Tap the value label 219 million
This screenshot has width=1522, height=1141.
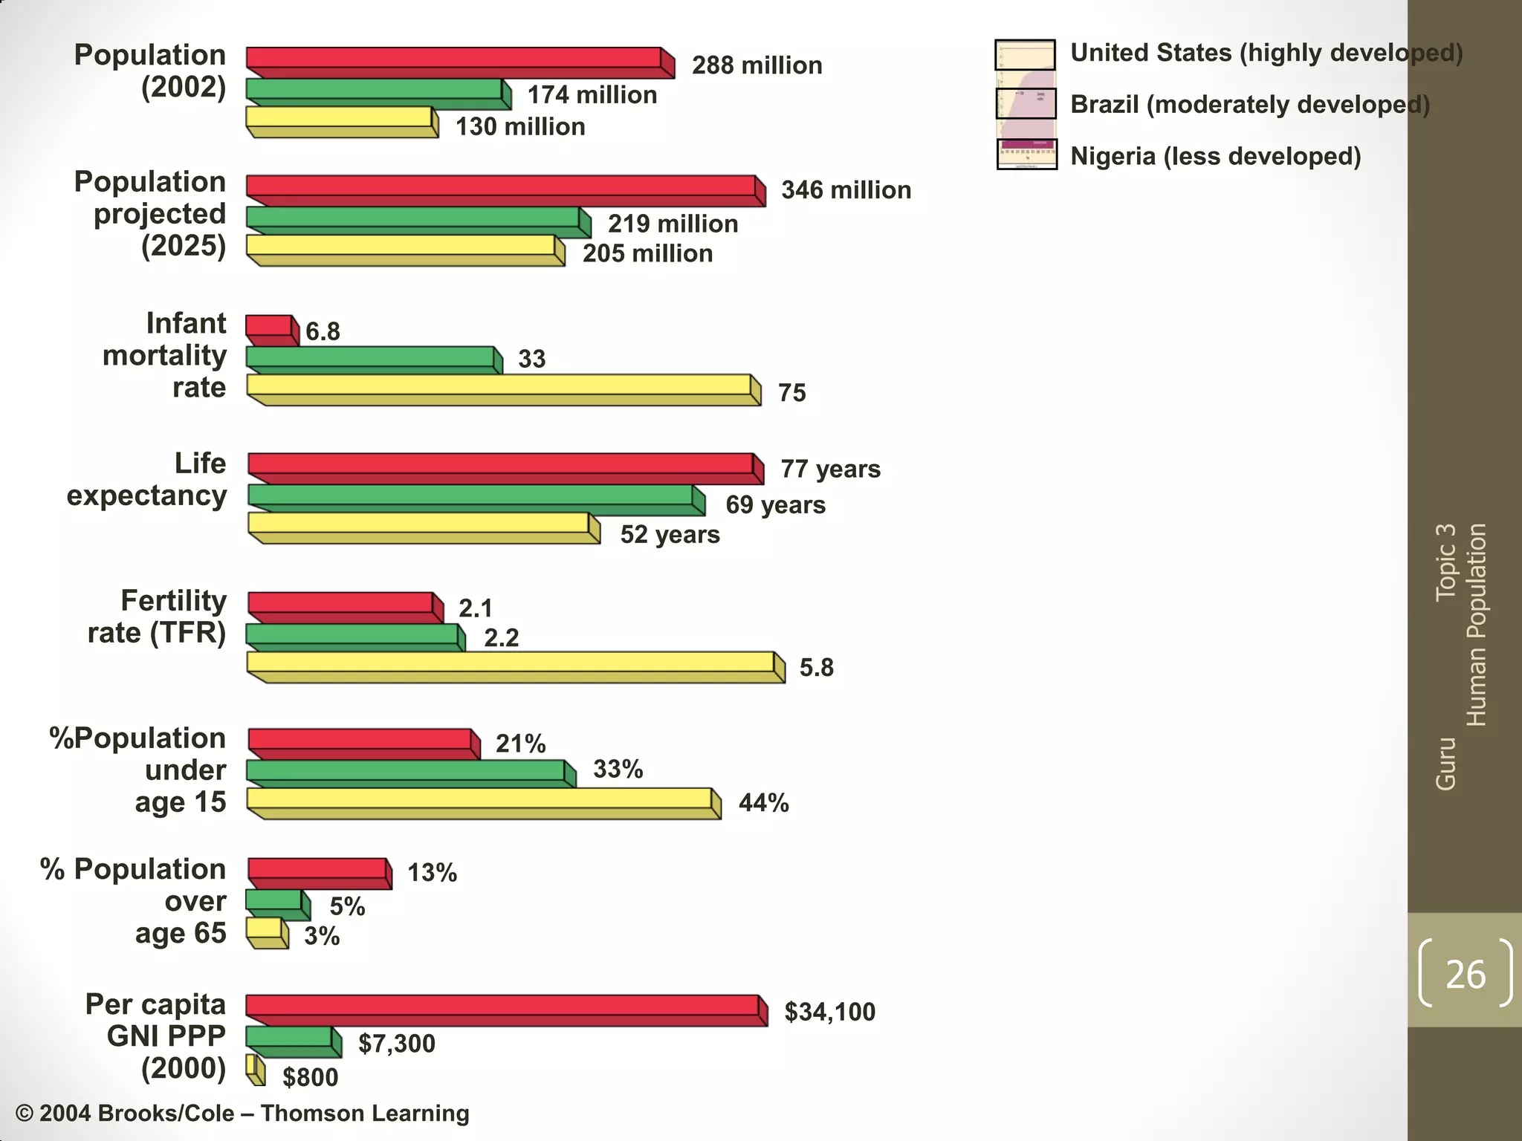(x=673, y=224)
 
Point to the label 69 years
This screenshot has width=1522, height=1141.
(x=775, y=505)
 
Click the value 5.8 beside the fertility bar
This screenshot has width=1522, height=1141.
(x=816, y=668)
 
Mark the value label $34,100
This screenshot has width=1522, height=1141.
(x=829, y=1012)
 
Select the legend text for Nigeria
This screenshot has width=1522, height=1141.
(x=1215, y=157)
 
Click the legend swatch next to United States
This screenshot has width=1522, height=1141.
(x=1025, y=55)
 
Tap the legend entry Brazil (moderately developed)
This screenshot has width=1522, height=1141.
(x=1249, y=105)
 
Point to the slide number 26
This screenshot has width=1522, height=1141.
(x=1465, y=974)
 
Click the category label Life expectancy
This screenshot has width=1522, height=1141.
(x=147, y=479)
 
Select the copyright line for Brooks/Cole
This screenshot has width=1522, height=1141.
(x=242, y=1113)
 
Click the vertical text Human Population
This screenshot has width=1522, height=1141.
(x=1476, y=624)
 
